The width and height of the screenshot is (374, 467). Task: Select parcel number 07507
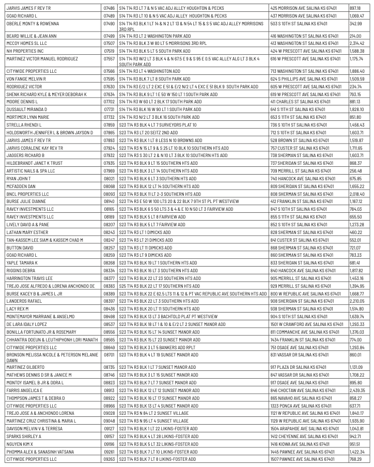[109, 43]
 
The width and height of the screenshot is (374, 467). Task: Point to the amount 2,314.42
[357, 43]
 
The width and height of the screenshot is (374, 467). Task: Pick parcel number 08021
[109, 178]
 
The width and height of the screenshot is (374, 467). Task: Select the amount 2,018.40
[357, 194]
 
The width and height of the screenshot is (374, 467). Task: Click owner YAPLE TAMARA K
[23, 262]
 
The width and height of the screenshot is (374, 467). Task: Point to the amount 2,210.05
[357, 301]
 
